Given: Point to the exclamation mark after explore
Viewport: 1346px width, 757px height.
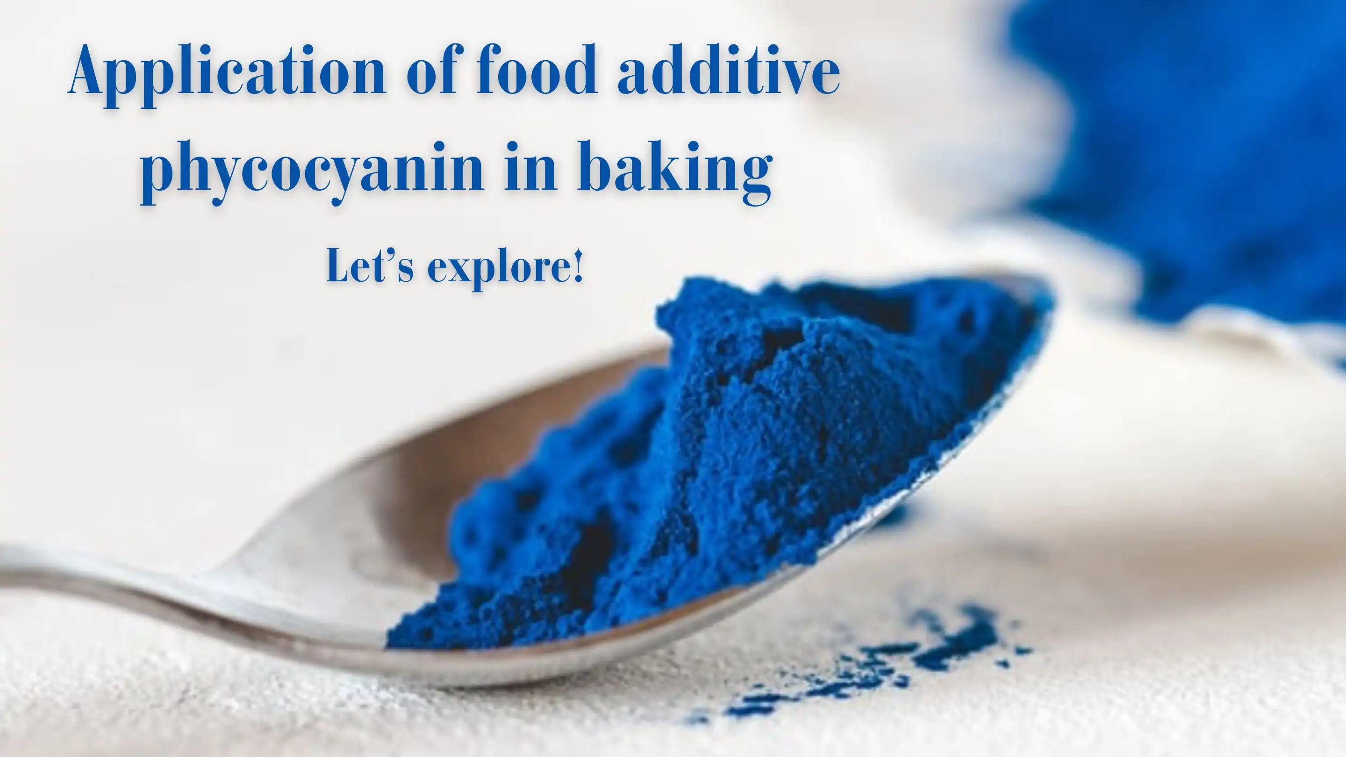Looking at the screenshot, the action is pyautogui.click(x=577, y=265).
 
